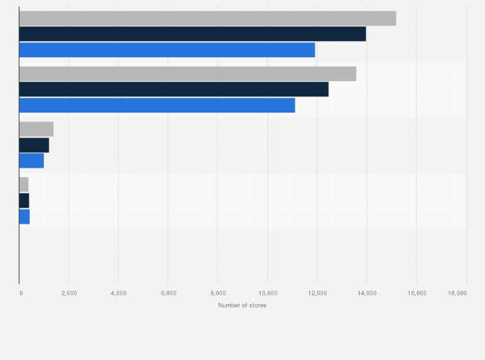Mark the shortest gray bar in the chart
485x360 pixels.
24,184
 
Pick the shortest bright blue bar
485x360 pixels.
24,217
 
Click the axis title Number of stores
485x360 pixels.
242,305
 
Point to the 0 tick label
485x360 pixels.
21,293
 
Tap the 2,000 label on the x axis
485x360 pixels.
69,293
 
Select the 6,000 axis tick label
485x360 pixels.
168,293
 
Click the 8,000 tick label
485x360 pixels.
217,293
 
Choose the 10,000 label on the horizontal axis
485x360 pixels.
267,293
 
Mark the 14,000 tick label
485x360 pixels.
367,293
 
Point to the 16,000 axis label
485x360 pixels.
416,293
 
